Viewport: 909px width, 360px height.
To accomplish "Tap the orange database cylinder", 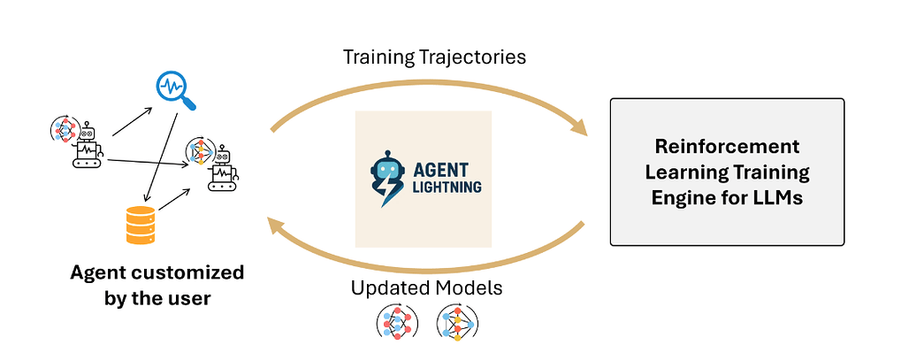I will click(143, 223).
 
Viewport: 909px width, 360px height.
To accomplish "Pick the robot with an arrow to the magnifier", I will click(83, 143).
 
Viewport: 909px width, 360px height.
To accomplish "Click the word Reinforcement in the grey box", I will click(727, 146).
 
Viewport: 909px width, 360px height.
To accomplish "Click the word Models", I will click(475, 288).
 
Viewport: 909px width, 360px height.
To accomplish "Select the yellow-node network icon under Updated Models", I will click(457, 324).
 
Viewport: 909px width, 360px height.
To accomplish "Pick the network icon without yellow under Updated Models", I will click(395, 324).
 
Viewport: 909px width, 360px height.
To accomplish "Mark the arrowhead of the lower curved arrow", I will click(277, 229).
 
